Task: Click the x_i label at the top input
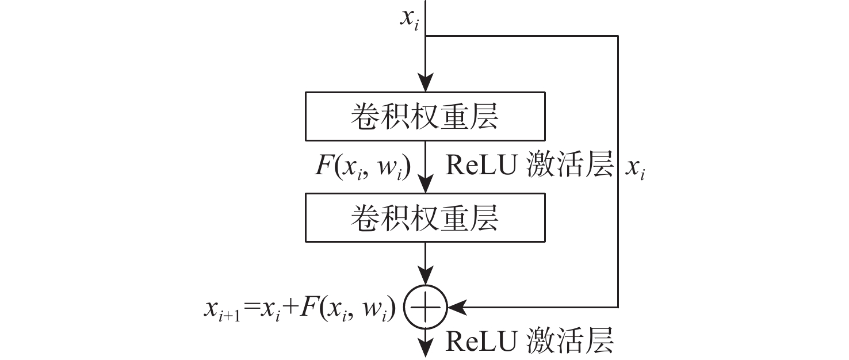pyautogui.click(x=409, y=20)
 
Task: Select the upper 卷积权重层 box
pyautogui.click(x=424, y=117)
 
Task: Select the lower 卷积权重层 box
pyautogui.click(x=424, y=218)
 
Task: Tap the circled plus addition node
pyautogui.click(x=424, y=308)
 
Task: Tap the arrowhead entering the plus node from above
pyautogui.click(x=424, y=277)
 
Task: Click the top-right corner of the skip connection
pyautogui.click(x=618, y=36)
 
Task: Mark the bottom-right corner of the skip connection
pyautogui.click(x=618, y=308)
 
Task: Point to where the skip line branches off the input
pyautogui.click(x=425, y=36)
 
